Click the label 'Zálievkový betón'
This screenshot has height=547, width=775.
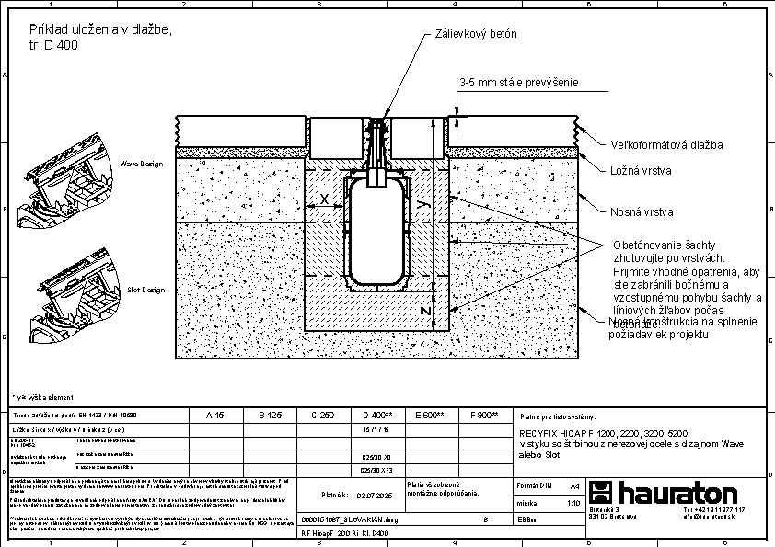476,34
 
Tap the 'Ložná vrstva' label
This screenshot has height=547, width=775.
641,171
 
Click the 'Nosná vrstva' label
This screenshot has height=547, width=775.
642,212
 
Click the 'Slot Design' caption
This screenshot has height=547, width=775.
145,290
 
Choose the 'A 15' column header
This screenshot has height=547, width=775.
215,416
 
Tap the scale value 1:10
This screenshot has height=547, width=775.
573,503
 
